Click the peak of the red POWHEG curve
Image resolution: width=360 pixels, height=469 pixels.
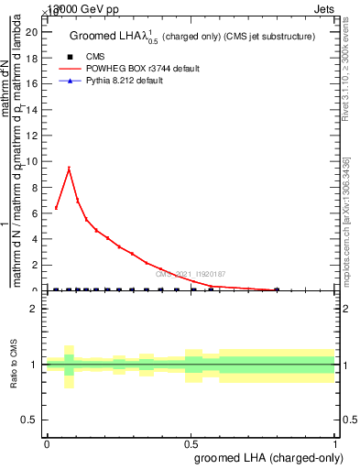[x=69, y=169]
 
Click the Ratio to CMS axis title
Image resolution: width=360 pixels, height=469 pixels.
[x=14, y=365]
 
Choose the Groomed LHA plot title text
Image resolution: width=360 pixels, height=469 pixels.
[x=192, y=37]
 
